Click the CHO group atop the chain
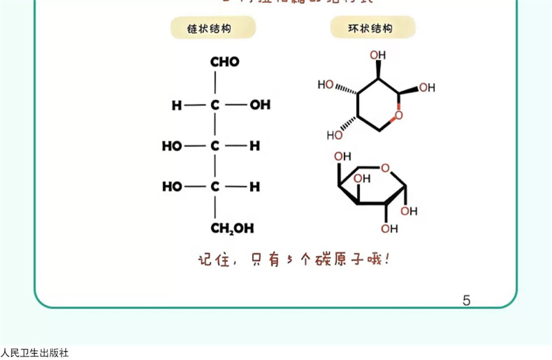[x=224, y=62]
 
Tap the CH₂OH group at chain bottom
[x=233, y=229]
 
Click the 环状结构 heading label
[x=371, y=29]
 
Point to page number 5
[x=466, y=301]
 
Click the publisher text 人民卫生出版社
[x=35, y=353]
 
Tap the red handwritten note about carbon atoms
[x=293, y=259]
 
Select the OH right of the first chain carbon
[x=260, y=105]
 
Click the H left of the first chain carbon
[x=177, y=105]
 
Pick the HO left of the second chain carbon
[x=172, y=146]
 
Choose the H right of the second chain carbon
[x=255, y=146]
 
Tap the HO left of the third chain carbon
[x=172, y=187]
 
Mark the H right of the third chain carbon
[x=255, y=187]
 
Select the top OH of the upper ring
[x=377, y=55]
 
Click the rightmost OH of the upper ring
[x=427, y=87]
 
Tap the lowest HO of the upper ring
[x=335, y=134]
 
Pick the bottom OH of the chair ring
[x=389, y=228]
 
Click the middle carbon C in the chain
[x=215, y=146]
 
